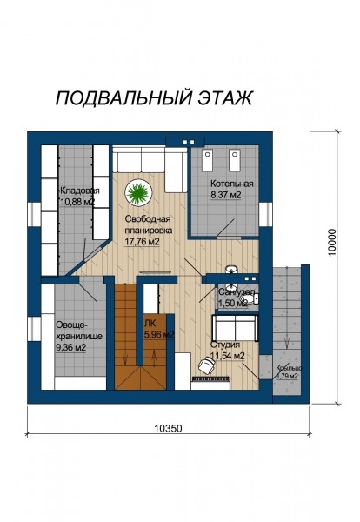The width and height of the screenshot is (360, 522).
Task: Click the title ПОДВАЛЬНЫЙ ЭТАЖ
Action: (154, 97)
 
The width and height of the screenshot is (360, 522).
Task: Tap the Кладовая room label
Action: (79, 190)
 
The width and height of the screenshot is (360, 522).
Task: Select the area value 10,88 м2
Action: (77, 202)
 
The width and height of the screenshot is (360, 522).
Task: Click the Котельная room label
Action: (231, 184)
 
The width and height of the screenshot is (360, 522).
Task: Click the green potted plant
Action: (137, 189)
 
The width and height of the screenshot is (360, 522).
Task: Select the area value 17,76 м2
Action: (142, 242)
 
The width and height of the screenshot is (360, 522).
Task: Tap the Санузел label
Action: (235, 291)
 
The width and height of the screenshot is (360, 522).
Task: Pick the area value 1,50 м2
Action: (232, 303)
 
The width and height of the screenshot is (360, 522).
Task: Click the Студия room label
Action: (225, 344)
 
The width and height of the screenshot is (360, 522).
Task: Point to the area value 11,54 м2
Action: (227, 356)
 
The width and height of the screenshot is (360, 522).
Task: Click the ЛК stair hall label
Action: (150, 322)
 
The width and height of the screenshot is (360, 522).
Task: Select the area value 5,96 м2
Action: (158, 333)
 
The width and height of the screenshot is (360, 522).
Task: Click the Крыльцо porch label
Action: (289, 368)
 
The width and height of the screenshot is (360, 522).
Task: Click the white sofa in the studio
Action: (235, 329)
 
